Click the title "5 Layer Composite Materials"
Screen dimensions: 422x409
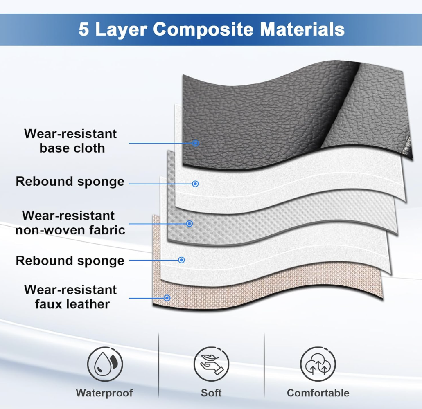[x=212, y=29]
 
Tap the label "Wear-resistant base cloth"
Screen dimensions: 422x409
[x=70, y=141]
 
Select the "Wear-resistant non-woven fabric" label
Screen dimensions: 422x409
[x=70, y=223]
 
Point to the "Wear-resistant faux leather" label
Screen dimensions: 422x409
[x=70, y=297]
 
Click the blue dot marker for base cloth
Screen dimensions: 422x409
[x=196, y=143]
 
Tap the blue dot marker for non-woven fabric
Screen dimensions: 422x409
[x=190, y=223]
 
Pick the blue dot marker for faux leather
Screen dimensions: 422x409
[x=167, y=298]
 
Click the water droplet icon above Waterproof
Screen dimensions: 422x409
[x=105, y=364]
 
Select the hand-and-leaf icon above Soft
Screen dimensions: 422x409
[x=211, y=364]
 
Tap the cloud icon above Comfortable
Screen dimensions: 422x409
[x=318, y=364]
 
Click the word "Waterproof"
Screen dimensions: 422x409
[x=104, y=393]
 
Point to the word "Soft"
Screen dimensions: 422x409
[x=211, y=393]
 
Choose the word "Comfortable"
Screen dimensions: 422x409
[x=318, y=393]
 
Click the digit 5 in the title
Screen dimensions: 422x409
[x=83, y=29]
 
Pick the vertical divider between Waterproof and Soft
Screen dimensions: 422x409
[x=159, y=365]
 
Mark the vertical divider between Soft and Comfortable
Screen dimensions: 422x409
[x=264, y=365]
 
